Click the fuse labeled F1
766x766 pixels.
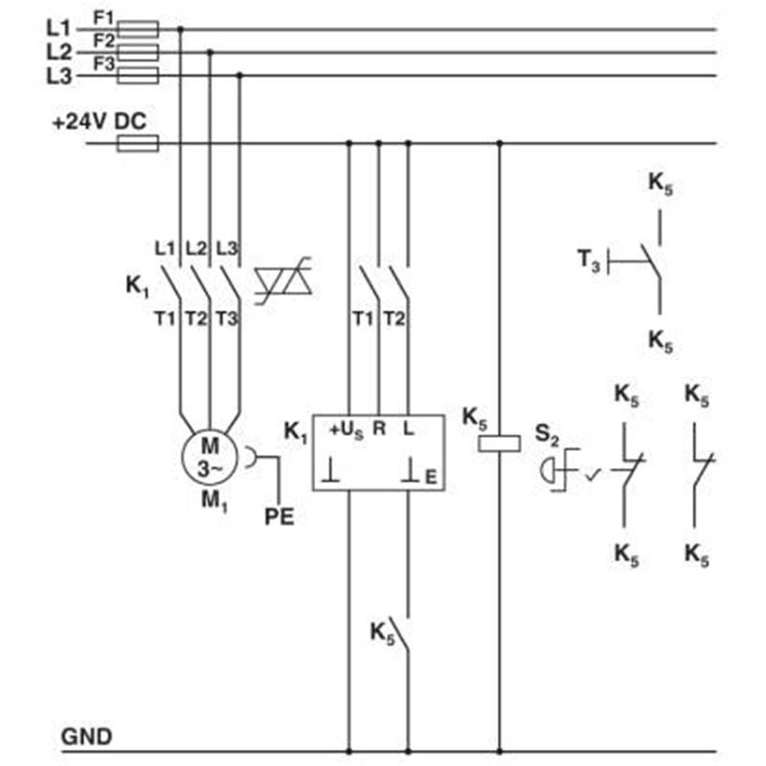pos(138,30)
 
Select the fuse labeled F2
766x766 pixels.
pos(138,53)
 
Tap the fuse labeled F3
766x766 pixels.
pos(138,76)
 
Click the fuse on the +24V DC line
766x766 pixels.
pos(138,143)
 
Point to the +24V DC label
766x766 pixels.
pos(100,122)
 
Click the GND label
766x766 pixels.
pos(86,736)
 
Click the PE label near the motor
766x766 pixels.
pos(279,517)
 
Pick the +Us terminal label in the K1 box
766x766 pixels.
pos(347,430)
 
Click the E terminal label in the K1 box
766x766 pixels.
pos(431,477)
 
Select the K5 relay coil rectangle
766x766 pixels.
pos(499,443)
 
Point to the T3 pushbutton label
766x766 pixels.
pos(588,259)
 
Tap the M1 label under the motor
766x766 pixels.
pos(214,501)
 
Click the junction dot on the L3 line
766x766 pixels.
pos(239,76)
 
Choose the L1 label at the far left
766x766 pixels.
pos(58,29)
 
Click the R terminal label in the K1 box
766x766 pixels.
pos(379,428)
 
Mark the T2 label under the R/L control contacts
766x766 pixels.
pos(394,319)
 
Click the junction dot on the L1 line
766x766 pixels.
pos(180,30)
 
